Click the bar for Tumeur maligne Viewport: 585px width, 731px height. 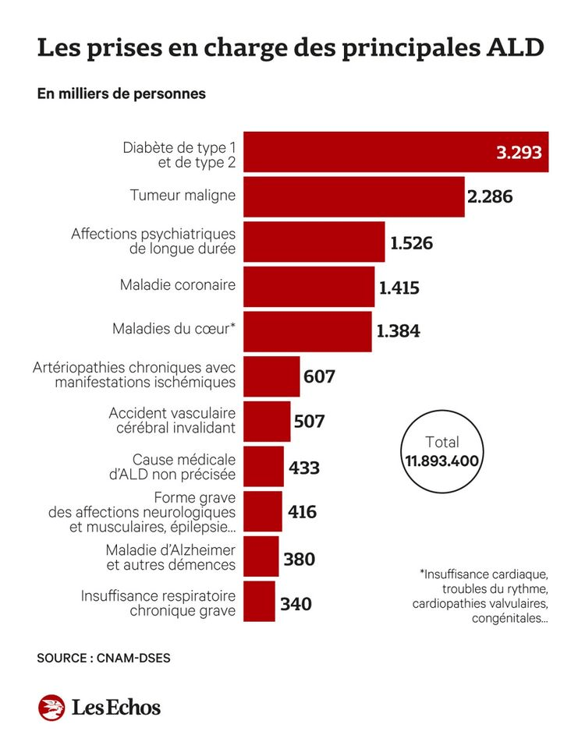[355, 196]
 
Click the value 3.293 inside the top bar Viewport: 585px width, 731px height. [519, 152]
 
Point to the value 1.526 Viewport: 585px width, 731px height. [411, 243]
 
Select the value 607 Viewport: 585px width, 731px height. [319, 377]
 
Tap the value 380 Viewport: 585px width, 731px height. [299, 559]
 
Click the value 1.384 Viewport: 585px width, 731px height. [398, 331]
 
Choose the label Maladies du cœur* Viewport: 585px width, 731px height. [174, 329]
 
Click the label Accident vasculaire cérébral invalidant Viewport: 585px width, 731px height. [172, 421]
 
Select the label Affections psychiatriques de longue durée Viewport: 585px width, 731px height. [153, 242]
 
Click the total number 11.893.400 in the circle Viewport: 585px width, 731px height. [441, 460]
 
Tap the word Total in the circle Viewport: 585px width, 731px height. [442, 441]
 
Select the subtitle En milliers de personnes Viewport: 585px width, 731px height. [121, 94]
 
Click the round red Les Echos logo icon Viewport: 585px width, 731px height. [51, 707]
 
